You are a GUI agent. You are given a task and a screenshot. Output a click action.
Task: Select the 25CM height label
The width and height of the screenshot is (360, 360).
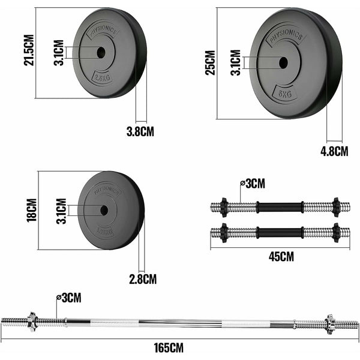(209, 62)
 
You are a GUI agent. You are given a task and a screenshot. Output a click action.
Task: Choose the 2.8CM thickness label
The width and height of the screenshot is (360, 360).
(143, 279)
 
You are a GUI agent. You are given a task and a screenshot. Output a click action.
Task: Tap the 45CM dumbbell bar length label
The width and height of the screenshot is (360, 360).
(281, 257)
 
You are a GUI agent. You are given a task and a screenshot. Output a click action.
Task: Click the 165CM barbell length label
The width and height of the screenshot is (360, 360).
(169, 347)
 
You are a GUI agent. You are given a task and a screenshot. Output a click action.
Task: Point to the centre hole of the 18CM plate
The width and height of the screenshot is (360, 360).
(103, 210)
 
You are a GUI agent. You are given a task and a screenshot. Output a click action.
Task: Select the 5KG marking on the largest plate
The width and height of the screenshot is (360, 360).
(285, 94)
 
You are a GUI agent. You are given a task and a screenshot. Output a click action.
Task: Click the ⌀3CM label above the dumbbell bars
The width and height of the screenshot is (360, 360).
(252, 183)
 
